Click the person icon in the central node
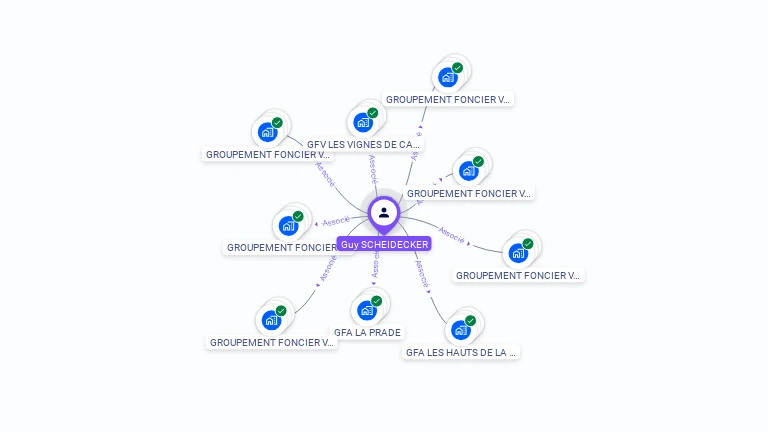384,212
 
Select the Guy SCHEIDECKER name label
384,244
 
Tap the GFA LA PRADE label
367,332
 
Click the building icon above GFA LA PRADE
366,311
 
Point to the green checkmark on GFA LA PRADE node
377,301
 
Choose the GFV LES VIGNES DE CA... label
364,144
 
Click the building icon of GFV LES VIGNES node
362,123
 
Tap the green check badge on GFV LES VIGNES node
373,113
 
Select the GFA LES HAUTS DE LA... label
462,352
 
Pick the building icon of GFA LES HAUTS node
460,331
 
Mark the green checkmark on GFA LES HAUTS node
471,321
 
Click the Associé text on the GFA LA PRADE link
374,268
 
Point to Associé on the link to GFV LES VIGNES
373,167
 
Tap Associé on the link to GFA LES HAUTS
423,274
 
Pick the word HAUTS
461,352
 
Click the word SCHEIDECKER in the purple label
395,244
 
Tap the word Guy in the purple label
349,244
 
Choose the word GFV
317,144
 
